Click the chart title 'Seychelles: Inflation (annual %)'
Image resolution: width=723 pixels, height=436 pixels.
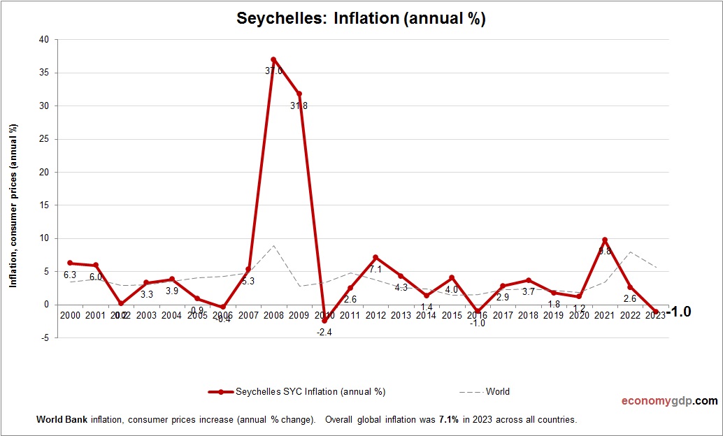tap(361, 19)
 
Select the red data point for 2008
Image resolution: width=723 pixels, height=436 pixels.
tap(273, 59)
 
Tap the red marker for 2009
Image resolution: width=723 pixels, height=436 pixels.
tap(299, 94)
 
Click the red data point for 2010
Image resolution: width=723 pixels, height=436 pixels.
tap(324, 321)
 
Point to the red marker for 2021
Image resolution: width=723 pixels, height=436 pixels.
tap(605, 240)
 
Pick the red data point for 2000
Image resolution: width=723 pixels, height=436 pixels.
tap(70, 263)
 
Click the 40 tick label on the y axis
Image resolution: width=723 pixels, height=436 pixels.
tap(44, 40)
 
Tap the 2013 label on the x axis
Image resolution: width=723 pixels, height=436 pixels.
tap(401, 316)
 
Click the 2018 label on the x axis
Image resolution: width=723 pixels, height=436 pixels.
tap(528, 316)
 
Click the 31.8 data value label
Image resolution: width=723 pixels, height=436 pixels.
tap(300, 106)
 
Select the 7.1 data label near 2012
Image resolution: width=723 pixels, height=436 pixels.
tap(375, 270)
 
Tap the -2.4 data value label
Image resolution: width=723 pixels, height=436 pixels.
tap(324, 333)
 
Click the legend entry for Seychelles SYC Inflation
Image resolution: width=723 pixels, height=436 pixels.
tap(298, 391)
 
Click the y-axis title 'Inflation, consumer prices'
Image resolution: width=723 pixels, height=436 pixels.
tap(13, 205)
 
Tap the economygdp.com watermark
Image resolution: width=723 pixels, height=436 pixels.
tap(669, 401)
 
